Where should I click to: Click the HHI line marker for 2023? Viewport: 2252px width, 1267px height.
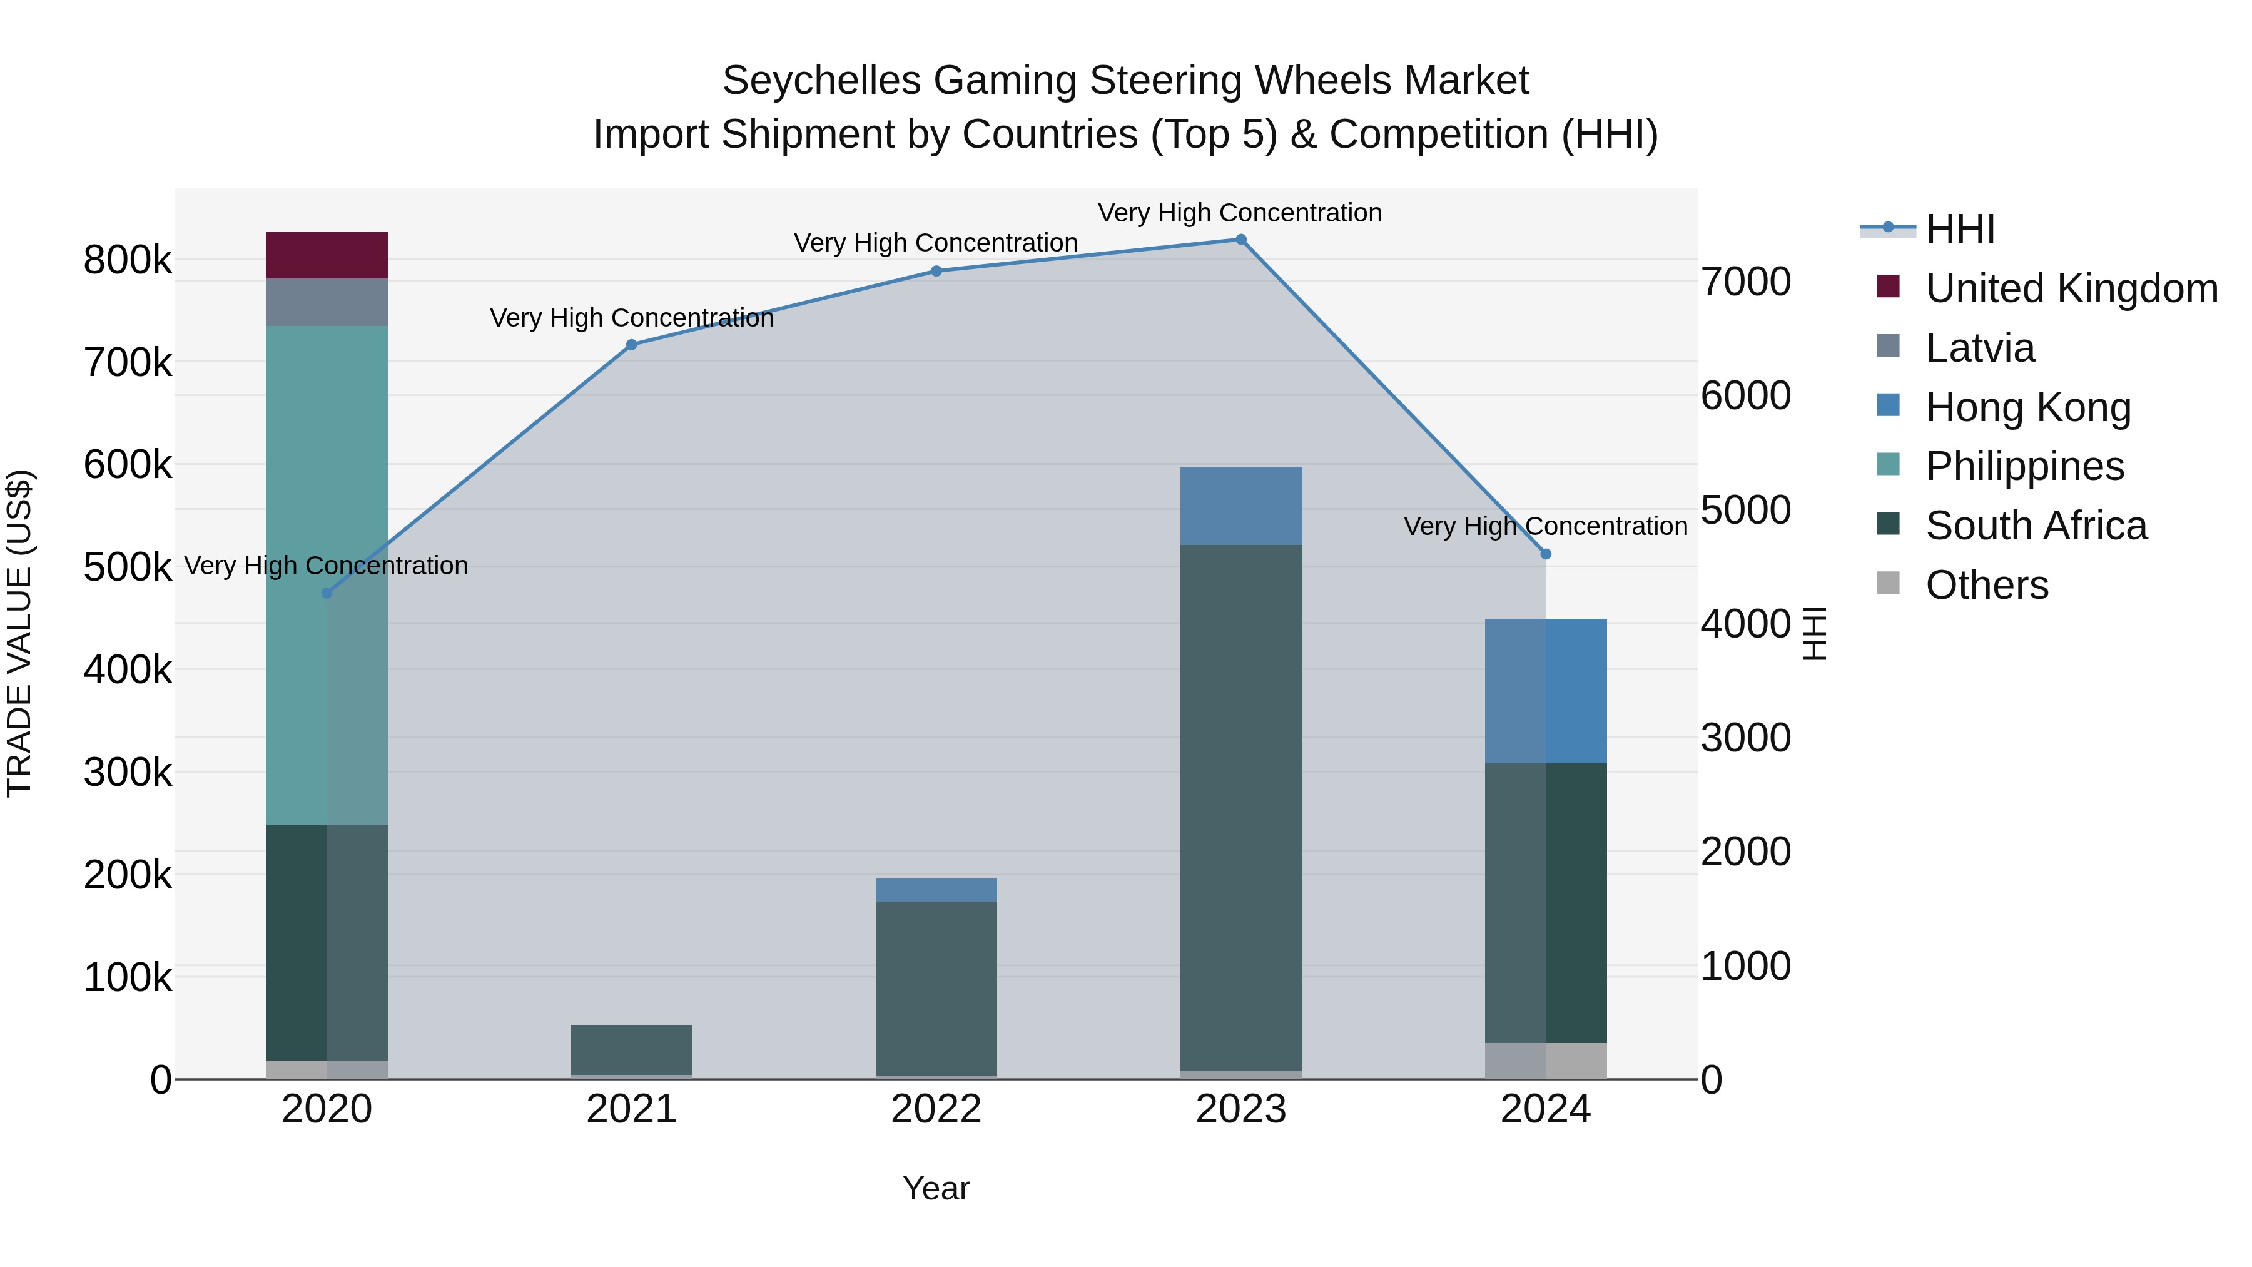(x=1240, y=240)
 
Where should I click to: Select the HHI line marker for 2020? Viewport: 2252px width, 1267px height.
(x=327, y=593)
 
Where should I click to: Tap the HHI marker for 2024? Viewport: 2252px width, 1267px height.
(x=1546, y=554)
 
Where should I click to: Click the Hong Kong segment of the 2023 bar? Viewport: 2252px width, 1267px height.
(x=1240, y=506)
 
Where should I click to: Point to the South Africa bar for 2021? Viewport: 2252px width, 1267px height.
(x=631, y=1049)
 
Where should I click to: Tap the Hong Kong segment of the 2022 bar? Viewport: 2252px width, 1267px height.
(x=936, y=889)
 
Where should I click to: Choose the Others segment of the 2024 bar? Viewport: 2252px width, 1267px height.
(x=1546, y=1060)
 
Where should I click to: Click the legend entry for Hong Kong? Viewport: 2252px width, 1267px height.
(x=2027, y=407)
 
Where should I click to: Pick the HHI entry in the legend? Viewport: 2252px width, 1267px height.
(x=1959, y=229)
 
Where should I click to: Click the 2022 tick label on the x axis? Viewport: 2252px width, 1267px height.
(x=936, y=1109)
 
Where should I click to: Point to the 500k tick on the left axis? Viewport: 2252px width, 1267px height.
(x=128, y=567)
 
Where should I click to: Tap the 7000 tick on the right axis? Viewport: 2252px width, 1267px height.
(x=1745, y=282)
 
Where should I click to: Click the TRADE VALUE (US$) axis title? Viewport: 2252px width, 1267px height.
(x=19, y=633)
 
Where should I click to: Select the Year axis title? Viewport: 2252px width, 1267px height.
(x=936, y=1188)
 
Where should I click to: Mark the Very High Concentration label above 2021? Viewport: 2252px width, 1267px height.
(x=631, y=317)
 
